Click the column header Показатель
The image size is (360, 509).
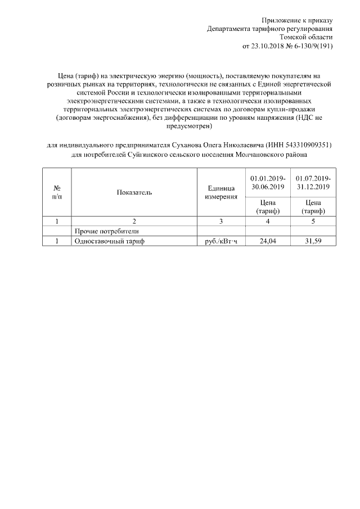coord(134,192)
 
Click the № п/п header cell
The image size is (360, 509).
coord(57,192)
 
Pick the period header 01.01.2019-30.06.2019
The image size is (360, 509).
coord(268,182)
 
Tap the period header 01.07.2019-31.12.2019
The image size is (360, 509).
coord(313,182)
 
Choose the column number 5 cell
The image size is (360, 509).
coord(313,221)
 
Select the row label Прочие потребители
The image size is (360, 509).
coord(106,231)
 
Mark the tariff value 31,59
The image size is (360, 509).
coord(313,241)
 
